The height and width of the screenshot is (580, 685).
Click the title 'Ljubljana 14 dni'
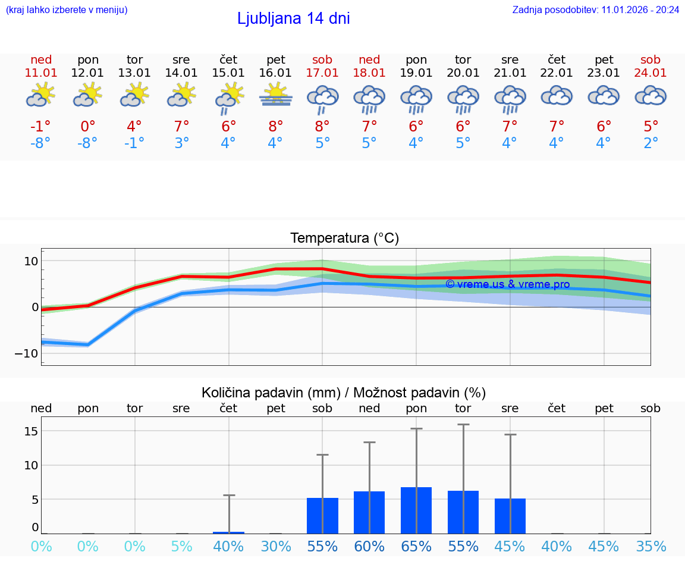point(293,18)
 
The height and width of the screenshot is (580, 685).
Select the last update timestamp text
point(595,10)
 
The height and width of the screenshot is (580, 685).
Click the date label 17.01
point(322,73)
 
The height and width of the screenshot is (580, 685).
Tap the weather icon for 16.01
point(275,95)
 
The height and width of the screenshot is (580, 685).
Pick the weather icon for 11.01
point(40,95)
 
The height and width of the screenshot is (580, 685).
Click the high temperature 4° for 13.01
point(134,127)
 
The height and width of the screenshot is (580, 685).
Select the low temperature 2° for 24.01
point(651,143)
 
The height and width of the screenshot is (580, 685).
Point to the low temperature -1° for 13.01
point(134,143)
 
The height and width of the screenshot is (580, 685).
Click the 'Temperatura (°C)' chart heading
point(344,238)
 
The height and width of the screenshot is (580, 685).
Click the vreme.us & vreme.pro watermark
point(507,284)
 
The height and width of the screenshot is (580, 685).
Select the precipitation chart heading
point(344,393)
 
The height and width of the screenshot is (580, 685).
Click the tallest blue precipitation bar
point(416,510)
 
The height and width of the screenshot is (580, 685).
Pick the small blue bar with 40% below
point(229,532)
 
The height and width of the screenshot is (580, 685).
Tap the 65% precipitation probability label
point(416,547)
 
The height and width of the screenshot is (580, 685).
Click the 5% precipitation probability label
point(181,547)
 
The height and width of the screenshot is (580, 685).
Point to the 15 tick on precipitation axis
point(32,431)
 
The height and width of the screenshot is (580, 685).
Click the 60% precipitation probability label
point(369,547)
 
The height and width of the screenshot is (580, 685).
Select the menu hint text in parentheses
point(67,10)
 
